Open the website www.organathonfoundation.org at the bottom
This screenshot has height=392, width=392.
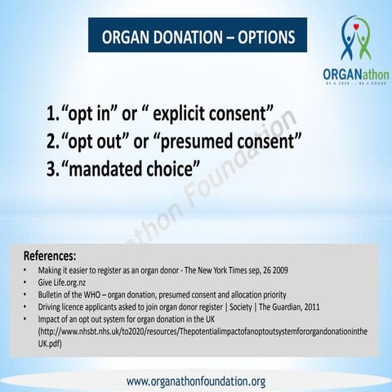pos(196,381)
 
